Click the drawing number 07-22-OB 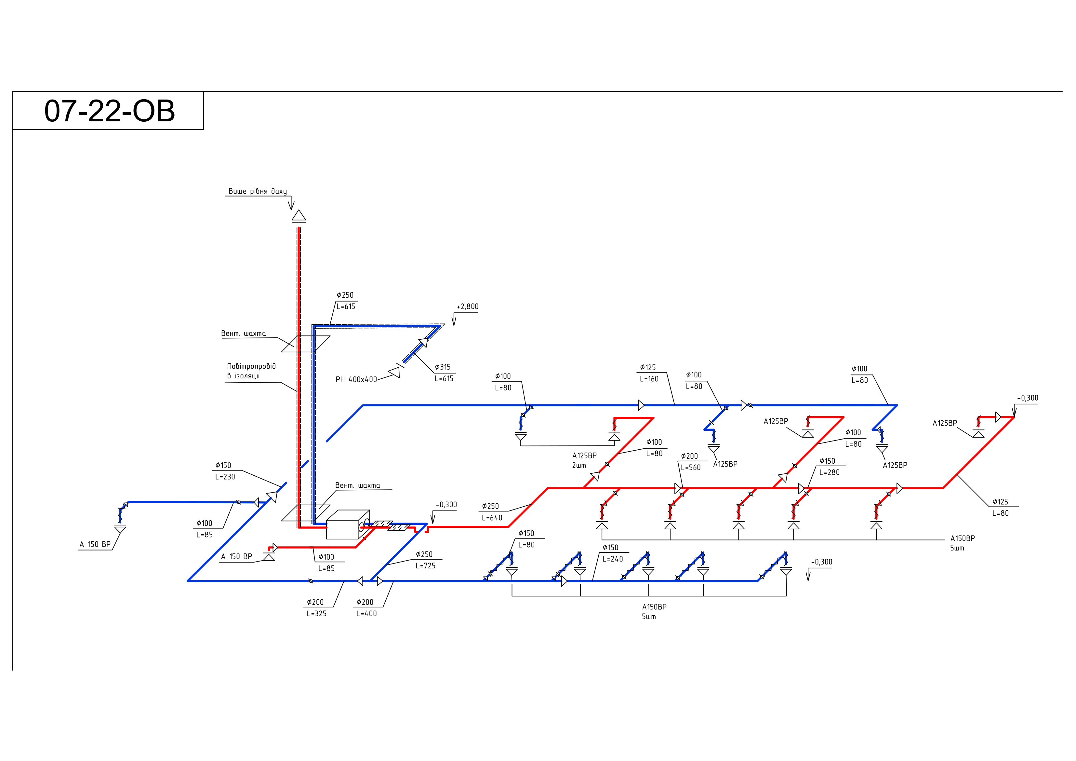[x=109, y=111]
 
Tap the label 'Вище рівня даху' [x=257, y=191]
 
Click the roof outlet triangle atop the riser [x=299, y=216]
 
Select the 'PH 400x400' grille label [x=356, y=380]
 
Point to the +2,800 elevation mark [x=467, y=307]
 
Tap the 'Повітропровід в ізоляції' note [x=251, y=371]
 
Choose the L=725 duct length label [x=426, y=566]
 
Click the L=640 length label [x=492, y=518]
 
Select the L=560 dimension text [x=691, y=468]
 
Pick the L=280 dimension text [x=830, y=473]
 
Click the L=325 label [x=316, y=614]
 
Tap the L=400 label [x=366, y=614]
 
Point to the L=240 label [x=613, y=559]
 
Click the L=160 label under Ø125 [x=649, y=379]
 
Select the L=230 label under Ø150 [x=225, y=477]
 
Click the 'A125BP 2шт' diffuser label [x=584, y=460]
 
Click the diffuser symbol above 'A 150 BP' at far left [x=120, y=529]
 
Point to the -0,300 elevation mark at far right [x=1027, y=399]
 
